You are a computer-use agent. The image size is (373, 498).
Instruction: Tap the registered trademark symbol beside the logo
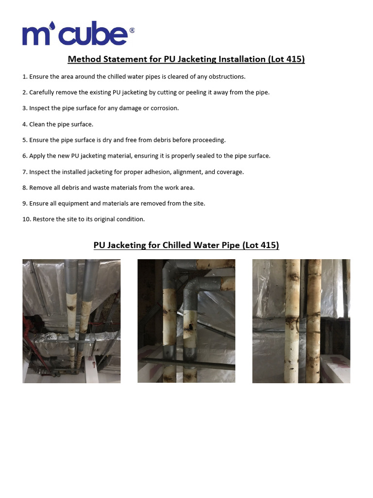pos(132,30)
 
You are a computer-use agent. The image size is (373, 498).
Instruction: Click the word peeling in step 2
pos(182,92)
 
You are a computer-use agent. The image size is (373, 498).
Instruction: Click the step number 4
pos(24,124)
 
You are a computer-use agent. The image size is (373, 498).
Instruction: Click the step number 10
pos(26,219)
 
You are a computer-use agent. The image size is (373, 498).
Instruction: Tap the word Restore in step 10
pos(43,219)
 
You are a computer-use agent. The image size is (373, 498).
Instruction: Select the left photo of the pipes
pos(71,321)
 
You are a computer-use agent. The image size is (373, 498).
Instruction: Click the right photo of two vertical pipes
pos(301,321)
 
